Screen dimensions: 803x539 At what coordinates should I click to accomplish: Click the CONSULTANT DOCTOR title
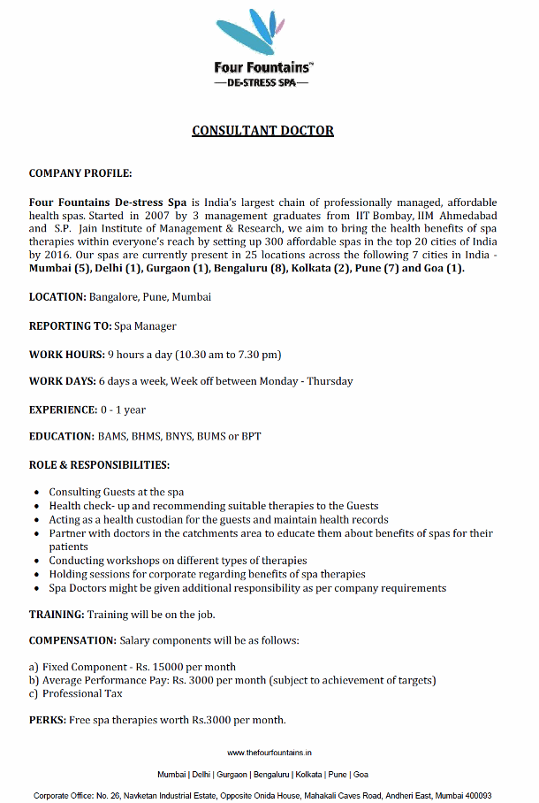[263, 131]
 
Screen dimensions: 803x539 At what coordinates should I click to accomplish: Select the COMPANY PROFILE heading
[80, 173]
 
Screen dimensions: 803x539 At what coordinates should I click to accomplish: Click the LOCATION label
[56, 297]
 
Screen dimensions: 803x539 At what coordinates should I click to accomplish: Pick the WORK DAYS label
[62, 381]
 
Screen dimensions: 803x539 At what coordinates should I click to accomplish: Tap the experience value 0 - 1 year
[123, 409]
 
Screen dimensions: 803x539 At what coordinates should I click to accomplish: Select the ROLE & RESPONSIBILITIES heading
[99, 464]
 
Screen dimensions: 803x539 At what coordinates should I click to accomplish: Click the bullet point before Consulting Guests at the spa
[35, 493]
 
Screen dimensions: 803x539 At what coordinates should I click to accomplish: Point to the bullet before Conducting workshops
[35, 562]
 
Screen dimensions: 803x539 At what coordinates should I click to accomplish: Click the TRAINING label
[57, 614]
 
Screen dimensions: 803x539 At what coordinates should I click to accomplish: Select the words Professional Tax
[86, 693]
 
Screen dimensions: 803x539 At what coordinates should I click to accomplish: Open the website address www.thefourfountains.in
[269, 753]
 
